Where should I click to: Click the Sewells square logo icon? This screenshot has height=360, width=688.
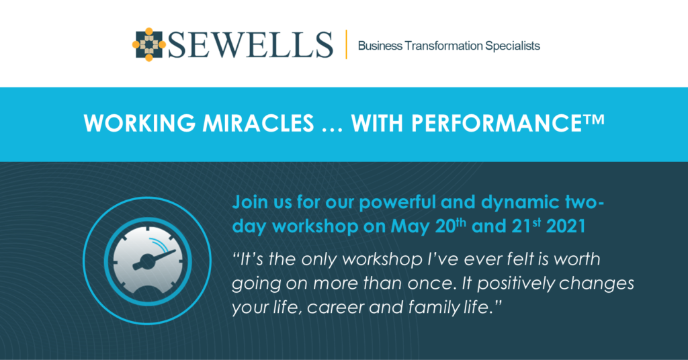[149, 44]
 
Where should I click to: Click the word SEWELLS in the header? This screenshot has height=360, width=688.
[251, 45]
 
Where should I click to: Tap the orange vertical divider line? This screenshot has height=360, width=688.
[346, 44]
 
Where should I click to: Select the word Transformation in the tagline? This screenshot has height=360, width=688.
[443, 46]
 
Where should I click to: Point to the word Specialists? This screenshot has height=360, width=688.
[513, 46]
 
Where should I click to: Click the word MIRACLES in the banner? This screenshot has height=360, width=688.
[258, 124]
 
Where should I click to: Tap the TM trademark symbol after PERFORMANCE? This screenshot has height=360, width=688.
[594, 120]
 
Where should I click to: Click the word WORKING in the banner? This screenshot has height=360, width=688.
[140, 124]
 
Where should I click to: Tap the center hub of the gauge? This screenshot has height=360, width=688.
[146, 262]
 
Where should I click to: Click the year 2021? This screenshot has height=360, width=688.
[566, 226]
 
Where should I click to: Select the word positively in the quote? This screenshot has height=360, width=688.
[516, 283]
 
